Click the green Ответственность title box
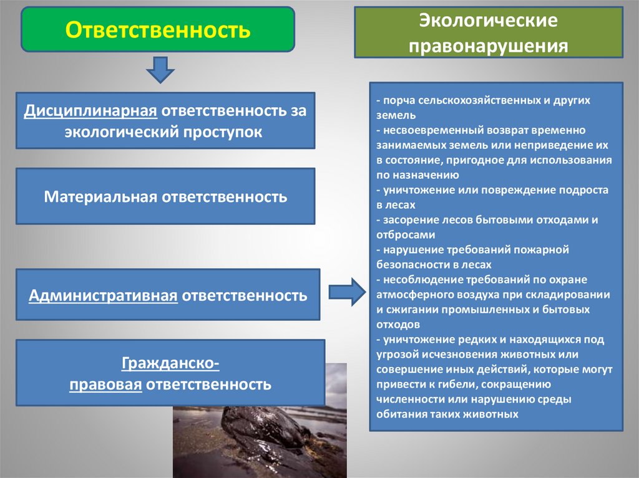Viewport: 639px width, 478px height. pos(158,29)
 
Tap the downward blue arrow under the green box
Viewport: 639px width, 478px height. pos(160,69)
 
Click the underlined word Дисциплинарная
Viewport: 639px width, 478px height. pos(90,111)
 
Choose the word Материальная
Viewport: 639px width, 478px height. pos(101,197)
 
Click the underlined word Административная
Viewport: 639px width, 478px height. pos(104,295)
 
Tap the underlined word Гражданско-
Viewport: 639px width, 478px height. pos(170,363)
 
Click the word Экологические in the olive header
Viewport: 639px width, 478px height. pos(488,22)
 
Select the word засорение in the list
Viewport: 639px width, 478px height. pos(406,220)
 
